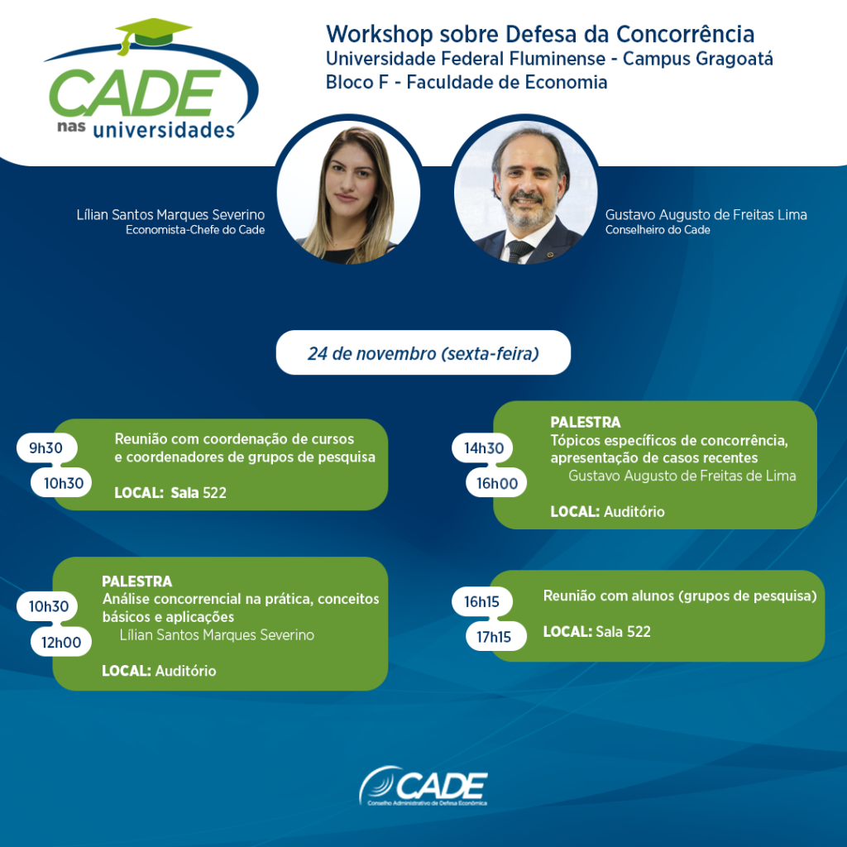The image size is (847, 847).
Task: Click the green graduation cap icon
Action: point(153,34)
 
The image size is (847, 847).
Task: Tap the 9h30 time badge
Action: point(46,447)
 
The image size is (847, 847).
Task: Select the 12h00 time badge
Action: point(61,642)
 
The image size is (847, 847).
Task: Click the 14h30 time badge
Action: point(483,447)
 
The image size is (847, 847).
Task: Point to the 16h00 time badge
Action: point(496,483)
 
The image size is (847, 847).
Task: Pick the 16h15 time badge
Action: point(482,602)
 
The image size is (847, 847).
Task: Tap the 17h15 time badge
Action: point(496,637)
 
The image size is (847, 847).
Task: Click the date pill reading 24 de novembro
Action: point(423,352)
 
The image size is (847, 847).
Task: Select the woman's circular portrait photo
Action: point(348,192)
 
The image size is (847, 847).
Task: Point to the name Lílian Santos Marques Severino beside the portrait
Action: point(170,215)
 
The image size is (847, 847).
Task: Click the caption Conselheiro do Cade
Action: point(658,230)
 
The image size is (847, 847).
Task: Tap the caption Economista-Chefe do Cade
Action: point(195,230)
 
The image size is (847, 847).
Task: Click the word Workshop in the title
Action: point(379,34)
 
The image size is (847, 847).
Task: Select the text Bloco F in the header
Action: point(357,82)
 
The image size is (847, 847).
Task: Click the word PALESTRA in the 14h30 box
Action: point(585,422)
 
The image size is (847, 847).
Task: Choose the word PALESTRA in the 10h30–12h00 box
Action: point(136,581)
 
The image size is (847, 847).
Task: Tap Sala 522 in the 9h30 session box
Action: point(199,493)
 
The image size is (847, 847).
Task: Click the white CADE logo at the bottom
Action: point(423,786)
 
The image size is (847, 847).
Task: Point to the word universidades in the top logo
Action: point(164,130)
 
